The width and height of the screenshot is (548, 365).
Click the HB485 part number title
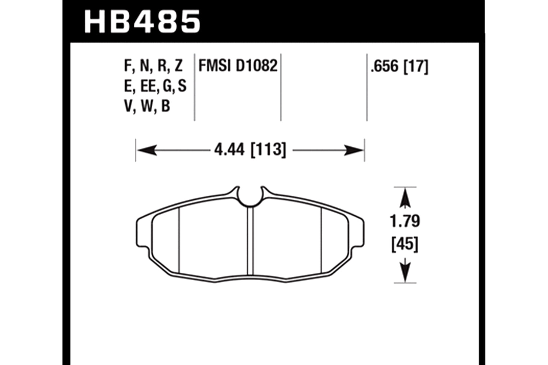(x=142, y=22)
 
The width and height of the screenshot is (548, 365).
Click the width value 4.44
(x=229, y=150)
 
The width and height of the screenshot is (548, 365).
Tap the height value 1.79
(x=405, y=221)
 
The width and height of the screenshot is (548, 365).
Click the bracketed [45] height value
(x=405, y=244)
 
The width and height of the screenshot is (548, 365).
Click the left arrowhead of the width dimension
(x=146, y=150)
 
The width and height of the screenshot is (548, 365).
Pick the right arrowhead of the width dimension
(x=354, y=150)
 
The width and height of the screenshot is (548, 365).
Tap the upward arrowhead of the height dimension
(x=405, y=198)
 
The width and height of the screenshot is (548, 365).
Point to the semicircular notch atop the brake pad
(x=250, y=197)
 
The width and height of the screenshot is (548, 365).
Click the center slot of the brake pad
(x=250, y=241)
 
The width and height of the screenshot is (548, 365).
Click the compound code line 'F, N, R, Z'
(x=153, y=66)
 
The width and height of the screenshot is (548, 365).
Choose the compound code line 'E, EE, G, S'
(x=155, y=86)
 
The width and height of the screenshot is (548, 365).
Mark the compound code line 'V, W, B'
(x=147, y=106)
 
